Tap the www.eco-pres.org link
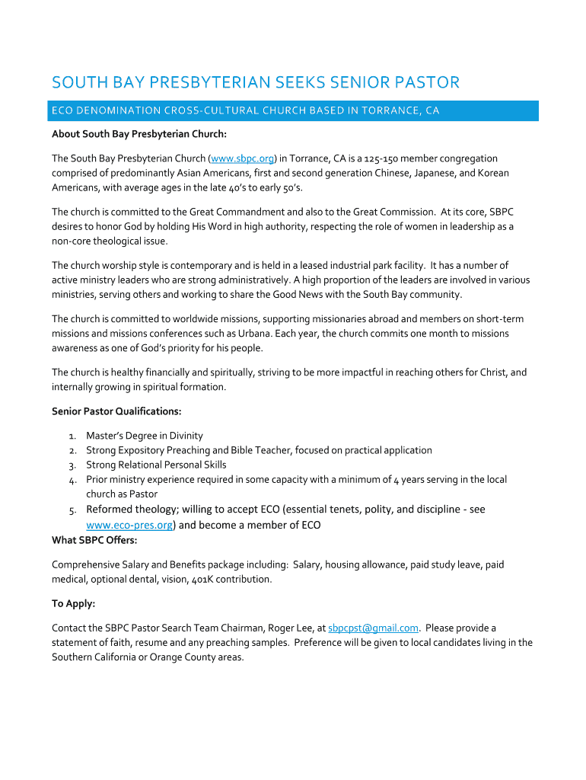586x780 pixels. click(129, 525)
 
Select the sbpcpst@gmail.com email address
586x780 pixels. click(373, 628)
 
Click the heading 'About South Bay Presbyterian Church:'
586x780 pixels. click(139, 134)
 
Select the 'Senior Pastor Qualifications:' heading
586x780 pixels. click(116, 411)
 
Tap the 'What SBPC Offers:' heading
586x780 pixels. click(94, 540)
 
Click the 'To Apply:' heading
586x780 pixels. click(73, 603)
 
